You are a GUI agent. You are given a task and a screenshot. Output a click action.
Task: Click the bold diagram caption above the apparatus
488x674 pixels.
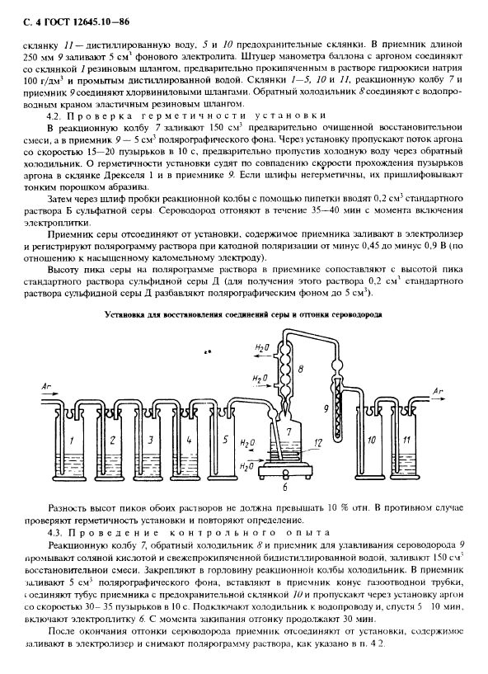pyautogui.click(x=244, y=314)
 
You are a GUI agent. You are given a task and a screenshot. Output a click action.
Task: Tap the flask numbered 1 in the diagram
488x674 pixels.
pyautogui.click(x=73, y=442)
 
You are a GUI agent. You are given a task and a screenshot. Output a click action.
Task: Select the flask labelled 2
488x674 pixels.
pyautogui.click(x=111, y=442)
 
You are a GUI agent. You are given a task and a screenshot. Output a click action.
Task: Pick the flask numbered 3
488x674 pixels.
pyautogui.click(x=149, y=442)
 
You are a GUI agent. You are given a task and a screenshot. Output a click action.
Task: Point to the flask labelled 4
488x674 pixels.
pyautogui.click(x=189, y=442)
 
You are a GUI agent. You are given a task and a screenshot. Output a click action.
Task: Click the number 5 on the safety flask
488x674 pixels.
pyautogui.click(x=225, y=441)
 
